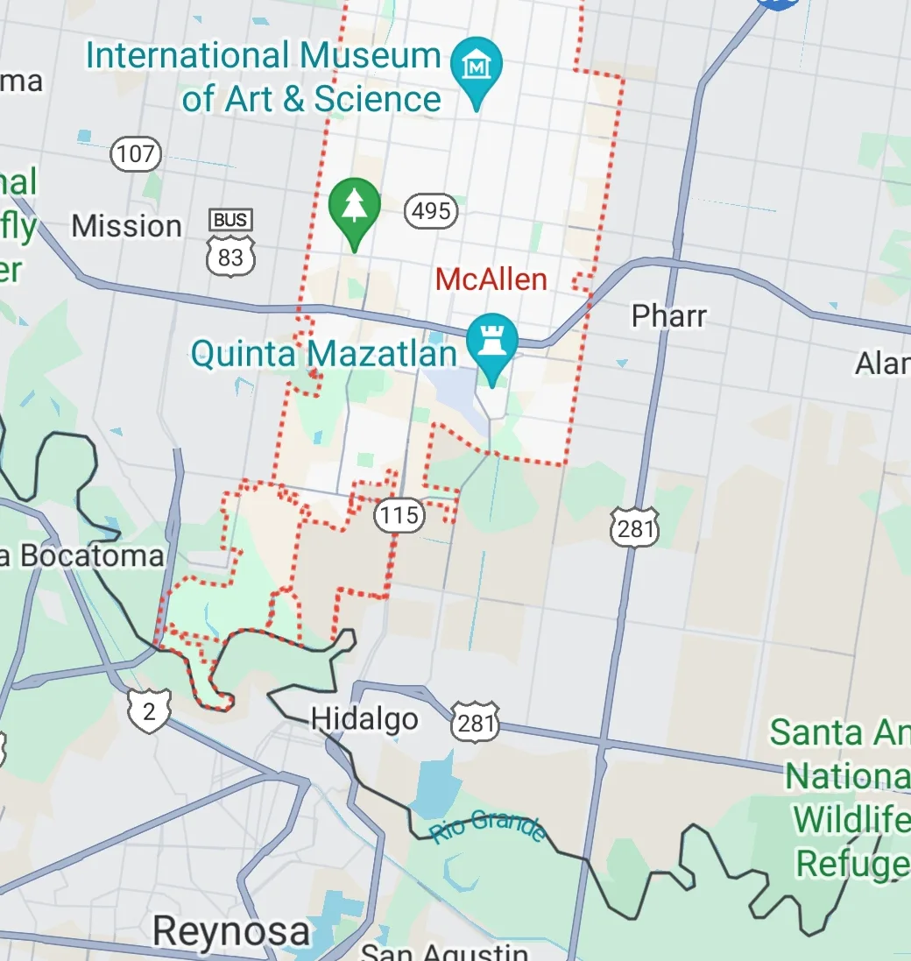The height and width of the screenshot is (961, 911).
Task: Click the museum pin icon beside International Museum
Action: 477,65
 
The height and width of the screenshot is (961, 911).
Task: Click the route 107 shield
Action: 136,155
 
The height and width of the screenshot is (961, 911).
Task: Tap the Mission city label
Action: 126,226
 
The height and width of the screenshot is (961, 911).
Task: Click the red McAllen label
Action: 491,279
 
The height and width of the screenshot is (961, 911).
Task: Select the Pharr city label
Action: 669,315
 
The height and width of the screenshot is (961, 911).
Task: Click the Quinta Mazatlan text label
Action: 324,356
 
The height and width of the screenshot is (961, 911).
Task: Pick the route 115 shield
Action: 399,514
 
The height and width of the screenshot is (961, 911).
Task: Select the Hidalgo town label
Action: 364,720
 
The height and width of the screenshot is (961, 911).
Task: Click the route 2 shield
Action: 148,711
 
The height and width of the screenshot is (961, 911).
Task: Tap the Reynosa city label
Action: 231,932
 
